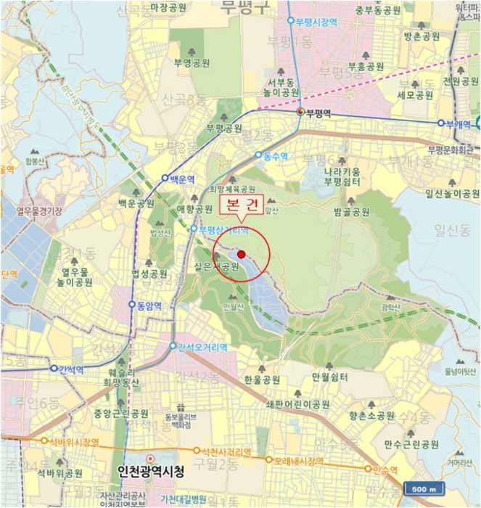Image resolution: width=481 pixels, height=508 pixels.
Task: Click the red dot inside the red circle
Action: coord(242,254)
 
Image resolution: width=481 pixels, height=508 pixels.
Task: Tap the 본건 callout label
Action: coord(241,205)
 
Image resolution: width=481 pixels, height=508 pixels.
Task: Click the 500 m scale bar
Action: coord(422,488)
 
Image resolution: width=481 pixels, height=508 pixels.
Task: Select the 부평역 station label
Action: coord(318,112)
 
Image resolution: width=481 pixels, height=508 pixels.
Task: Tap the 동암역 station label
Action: coord(152,306)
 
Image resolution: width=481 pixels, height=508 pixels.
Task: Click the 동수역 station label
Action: coord(275,155)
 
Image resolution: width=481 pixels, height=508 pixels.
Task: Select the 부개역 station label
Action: coord(459,123)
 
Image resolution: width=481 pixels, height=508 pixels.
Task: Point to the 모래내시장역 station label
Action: coord(297,460)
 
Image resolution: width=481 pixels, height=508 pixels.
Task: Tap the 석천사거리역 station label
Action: coord(226,451)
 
